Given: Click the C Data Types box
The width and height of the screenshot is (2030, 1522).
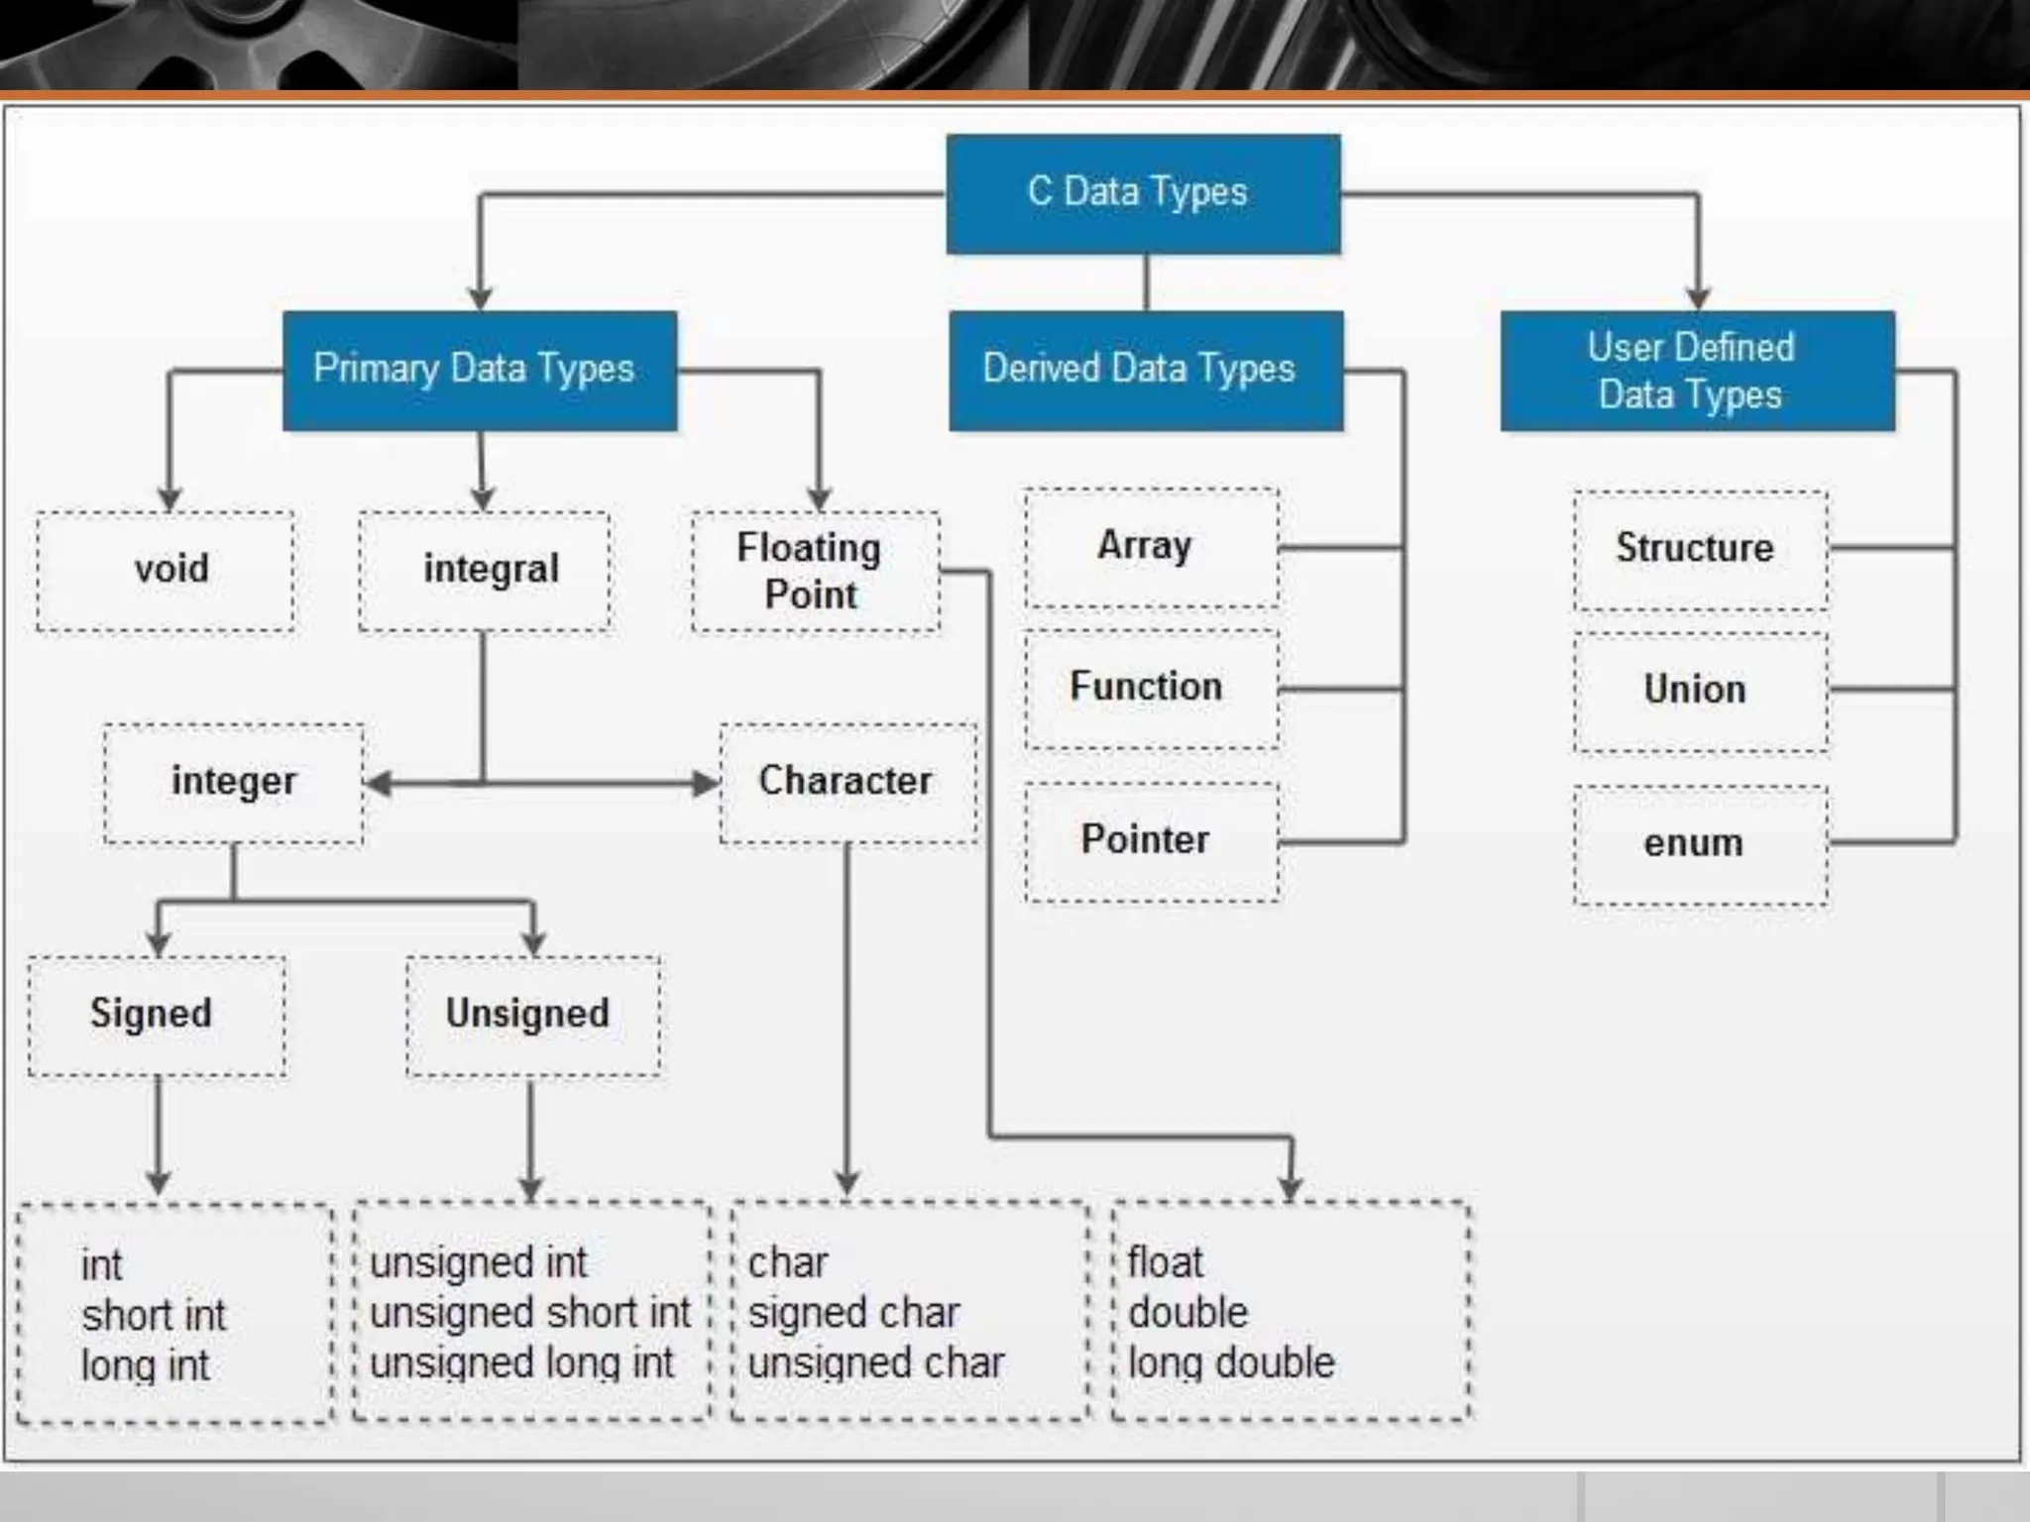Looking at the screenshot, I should (1143, 193).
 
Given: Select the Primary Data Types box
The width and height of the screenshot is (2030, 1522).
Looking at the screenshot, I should (480, 371).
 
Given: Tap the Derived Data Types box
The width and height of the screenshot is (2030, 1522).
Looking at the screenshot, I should (1146, 371).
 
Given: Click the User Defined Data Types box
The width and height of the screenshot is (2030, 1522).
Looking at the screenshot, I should (1697, 371).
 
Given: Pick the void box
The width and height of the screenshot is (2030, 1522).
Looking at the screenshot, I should (166, 571).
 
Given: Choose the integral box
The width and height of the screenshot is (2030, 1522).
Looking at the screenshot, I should (485, 571).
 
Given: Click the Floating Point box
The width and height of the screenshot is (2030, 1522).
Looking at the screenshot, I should (815, 571).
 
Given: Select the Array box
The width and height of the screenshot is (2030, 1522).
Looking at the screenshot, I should (1152, 547).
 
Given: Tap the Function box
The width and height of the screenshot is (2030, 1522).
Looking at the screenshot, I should (1152, 689).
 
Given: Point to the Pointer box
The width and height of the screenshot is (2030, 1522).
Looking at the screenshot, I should (1152, 841).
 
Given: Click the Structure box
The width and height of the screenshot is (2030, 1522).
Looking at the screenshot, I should (1701, 550).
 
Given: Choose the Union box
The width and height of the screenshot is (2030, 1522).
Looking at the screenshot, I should (1701, 692).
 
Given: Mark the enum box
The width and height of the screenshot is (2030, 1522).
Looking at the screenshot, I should (1701, 844).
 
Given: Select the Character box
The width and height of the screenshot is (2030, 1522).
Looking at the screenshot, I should (848, 783).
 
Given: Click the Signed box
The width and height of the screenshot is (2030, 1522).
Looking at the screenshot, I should (157, 1016).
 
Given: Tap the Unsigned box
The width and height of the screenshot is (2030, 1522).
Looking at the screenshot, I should (533, 1016).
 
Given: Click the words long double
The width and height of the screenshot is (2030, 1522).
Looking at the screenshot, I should (1231, 1363).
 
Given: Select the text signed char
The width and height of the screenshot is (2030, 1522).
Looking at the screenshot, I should (853, 1314).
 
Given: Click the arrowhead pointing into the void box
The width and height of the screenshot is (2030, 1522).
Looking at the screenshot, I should (169, 498).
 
